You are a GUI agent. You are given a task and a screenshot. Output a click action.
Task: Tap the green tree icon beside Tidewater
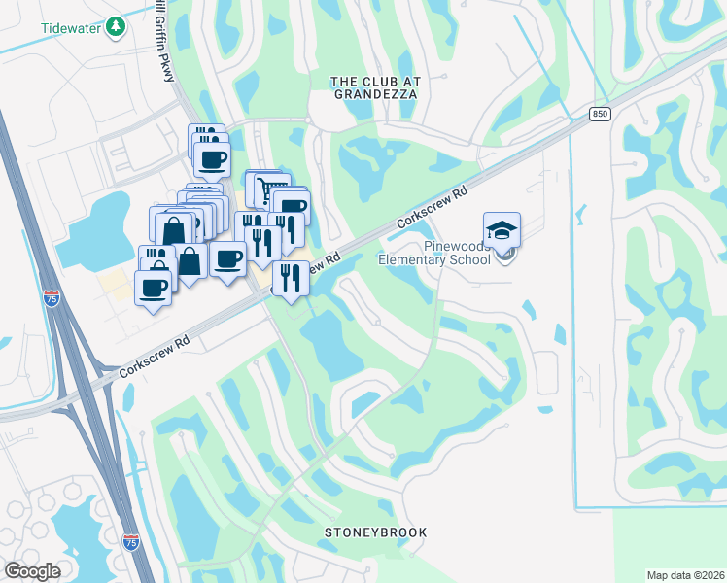[116, 25]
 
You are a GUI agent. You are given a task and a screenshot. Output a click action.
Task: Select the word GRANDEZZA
[374, 95]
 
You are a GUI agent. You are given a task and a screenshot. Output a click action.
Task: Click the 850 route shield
[600, 115]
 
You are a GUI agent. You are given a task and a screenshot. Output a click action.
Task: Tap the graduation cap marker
[502, 230]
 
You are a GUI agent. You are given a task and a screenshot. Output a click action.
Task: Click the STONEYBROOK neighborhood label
[377, 532]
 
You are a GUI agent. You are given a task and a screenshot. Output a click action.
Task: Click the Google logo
[33, 571]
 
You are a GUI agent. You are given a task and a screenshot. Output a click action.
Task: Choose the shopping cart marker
[270, 187]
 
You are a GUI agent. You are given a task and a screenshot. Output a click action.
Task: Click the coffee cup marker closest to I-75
[155, 288]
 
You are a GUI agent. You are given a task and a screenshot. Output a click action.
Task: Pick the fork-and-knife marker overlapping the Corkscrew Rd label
[290, 278]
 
